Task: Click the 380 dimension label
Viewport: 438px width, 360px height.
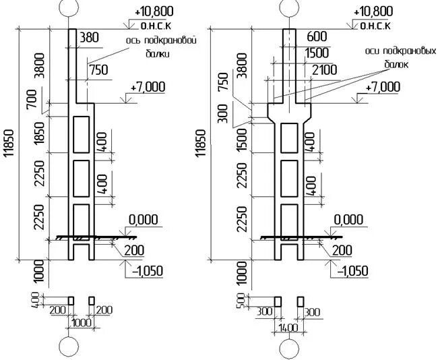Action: [89, 38]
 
